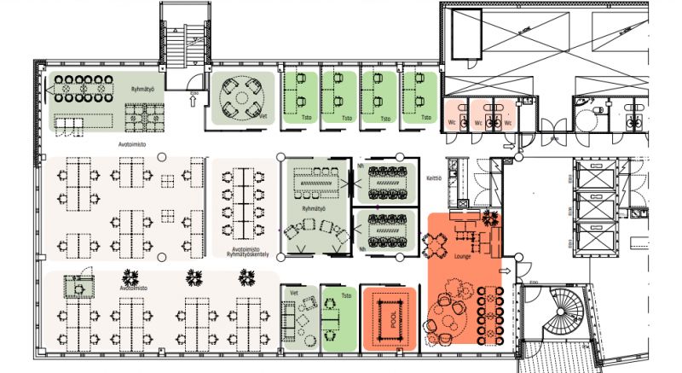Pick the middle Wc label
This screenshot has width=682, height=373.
pos(486,122)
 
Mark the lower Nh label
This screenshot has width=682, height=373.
pos(362,249)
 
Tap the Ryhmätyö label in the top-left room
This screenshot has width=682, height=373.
pos(142,89)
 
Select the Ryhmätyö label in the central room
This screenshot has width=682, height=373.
pos(315,207)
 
